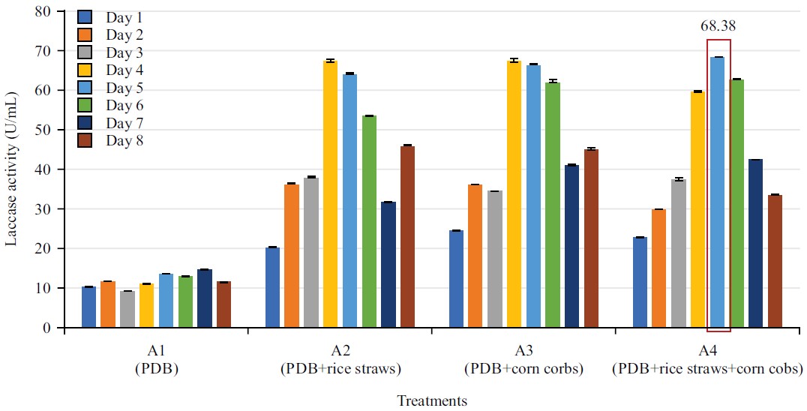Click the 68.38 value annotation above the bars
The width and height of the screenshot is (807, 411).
(x=718, y=26)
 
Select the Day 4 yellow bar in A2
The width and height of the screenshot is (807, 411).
(x=330, y=194)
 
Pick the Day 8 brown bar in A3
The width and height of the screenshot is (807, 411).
(x=591, y=238)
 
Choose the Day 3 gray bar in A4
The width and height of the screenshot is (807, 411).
(x=679, y=253)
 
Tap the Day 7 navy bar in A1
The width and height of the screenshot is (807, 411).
(x=204, y=298)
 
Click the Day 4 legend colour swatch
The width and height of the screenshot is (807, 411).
(x=85, y=70)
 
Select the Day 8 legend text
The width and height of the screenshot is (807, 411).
(x=124, y=140)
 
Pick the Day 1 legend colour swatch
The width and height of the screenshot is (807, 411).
(x=85, y=17)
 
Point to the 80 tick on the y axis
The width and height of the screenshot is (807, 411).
(x=44, y=11)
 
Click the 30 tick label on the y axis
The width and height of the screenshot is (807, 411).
(x=44, y=209)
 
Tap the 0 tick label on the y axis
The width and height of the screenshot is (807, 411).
(x=47, y=328)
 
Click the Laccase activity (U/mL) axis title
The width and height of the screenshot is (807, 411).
(x=12, y=170)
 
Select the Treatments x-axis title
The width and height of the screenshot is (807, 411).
(x=431, y=400)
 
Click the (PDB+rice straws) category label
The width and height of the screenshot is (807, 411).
(x=340, y=368)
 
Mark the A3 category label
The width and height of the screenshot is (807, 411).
(x=524, y=352)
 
